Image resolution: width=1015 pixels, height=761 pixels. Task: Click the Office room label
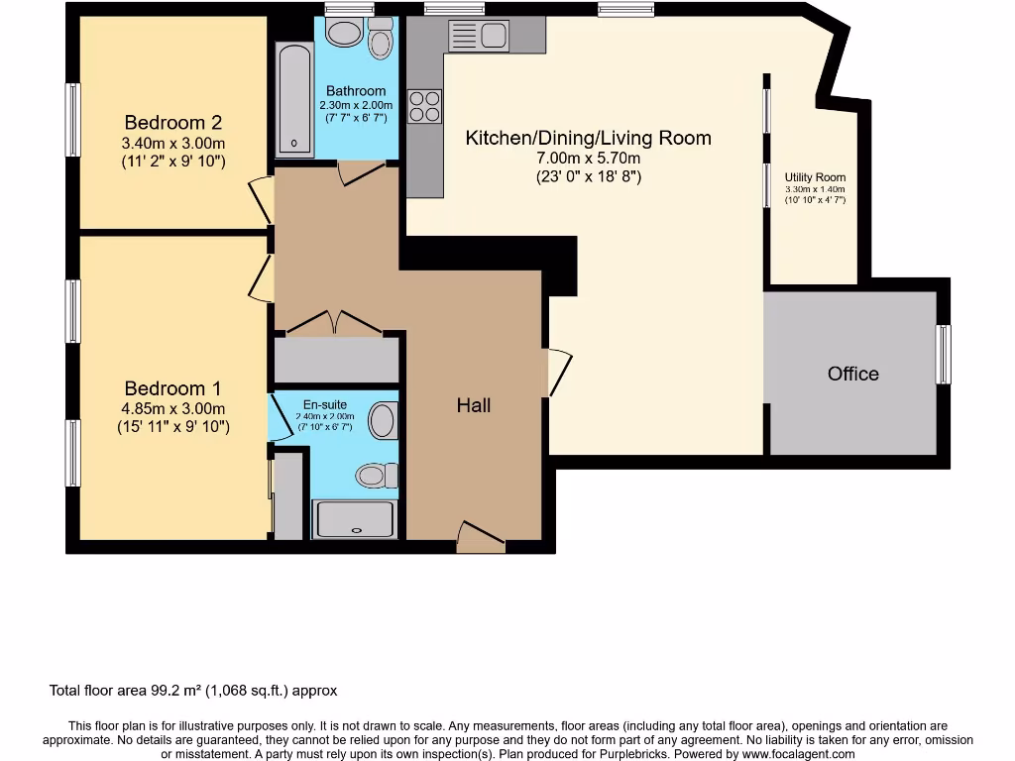853,374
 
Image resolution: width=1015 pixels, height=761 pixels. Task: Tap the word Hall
474,404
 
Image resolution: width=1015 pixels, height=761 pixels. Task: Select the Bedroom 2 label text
172,123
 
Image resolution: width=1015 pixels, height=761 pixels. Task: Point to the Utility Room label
815,177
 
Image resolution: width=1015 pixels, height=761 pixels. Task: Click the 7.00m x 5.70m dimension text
588,159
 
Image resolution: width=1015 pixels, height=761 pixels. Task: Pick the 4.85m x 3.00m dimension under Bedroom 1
173,408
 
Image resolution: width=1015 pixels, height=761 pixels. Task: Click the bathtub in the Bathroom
294,99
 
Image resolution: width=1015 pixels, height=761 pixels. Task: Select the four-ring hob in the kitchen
425,106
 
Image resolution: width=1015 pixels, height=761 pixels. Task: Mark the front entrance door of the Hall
481,538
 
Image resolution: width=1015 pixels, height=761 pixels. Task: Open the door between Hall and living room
559,373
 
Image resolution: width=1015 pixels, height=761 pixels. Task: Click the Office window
943,354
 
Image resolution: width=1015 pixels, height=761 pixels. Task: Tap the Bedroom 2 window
72,120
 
